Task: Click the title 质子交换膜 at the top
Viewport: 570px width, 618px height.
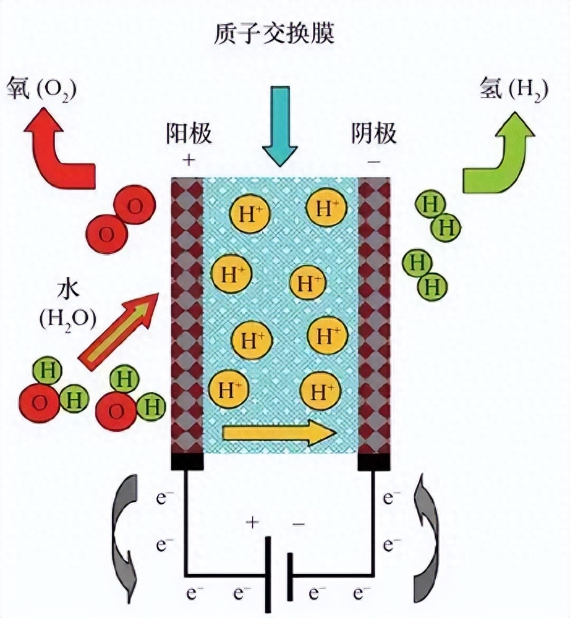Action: (x=274, y=33)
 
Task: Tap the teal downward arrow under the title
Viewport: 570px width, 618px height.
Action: (x=279, y=125)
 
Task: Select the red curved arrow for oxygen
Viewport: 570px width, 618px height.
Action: (x=59, y=154)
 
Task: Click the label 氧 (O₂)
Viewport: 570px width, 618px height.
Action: (x=41, y=89)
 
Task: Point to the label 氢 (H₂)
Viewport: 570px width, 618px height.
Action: (x=514, y=89)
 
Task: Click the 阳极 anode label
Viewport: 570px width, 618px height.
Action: (x=189, y=133)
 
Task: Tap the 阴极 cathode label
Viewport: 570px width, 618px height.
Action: (x=374, y=133)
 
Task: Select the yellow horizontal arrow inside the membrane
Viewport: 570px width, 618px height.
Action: (x=279, y=433)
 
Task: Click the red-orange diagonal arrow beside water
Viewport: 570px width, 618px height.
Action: (x=119, y=331)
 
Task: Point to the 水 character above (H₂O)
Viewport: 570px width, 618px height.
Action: (x=69, y=289)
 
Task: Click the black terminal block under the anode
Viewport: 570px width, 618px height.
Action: (x=188, y=462)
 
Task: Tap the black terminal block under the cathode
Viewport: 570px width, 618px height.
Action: (x=374, y=462)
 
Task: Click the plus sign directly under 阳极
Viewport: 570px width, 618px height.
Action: (x=189, y=161)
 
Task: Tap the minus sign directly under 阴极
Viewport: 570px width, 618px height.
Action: (x=374, y=161)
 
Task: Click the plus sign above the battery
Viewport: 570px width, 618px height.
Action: (x=252, y=523)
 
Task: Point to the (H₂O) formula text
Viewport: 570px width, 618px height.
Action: (x=68, y=320)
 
